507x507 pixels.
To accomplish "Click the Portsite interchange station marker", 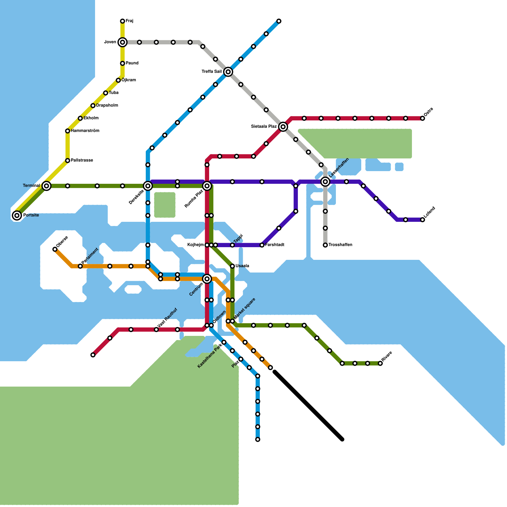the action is point(17,215).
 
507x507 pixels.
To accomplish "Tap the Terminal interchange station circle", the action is point(47,186).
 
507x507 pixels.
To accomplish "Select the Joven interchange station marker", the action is point(123,42).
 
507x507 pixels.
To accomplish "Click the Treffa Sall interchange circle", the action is point(228,72).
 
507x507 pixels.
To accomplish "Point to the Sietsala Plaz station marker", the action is point(283,127).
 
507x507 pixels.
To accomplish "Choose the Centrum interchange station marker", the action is point(207,279).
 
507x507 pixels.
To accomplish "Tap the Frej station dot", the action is point(123,21).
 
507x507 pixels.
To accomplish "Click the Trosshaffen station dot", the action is point(325,245).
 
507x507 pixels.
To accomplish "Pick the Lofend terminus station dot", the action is point(422,220).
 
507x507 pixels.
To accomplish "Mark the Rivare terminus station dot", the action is point(380,363).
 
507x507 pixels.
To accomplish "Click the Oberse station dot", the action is point(55,249).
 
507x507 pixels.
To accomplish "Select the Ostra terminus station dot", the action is point(422,119).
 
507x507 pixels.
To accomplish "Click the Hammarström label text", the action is point(85,131).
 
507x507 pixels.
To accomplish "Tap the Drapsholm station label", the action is point(107,106).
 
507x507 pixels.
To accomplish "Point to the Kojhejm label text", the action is point(196,245).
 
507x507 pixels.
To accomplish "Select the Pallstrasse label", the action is point(82,160).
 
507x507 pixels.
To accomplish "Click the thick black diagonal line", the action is point(308,406).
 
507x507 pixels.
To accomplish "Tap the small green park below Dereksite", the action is point(165,205).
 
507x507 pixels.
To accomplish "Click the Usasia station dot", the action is point(232,266).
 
